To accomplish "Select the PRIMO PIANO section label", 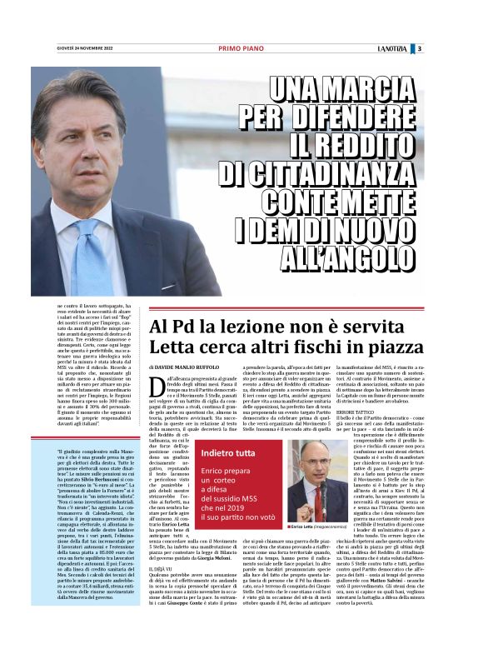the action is tap(242, 48).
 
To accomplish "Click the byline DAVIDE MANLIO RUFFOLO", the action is tap(197, 367).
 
